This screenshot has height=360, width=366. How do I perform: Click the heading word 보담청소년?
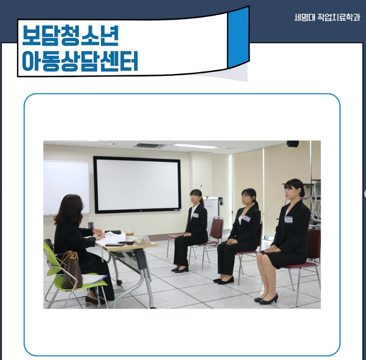click(x=71, y=35)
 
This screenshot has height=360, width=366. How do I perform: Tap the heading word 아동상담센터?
click(x=80, y=61)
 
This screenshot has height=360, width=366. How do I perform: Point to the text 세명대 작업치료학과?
click(x=327, y=17)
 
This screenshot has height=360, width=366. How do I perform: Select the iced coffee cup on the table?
click(x=130, y=237)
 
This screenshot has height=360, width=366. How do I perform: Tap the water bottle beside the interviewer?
click(x=90, y=223)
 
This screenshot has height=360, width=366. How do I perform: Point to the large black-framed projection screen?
click(x=137, y=185)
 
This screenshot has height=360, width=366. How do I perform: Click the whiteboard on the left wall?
click(x=66, y=187)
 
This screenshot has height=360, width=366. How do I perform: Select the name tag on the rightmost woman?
click(x=288, y=219)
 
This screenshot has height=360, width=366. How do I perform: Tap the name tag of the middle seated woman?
click(x=246, y=219)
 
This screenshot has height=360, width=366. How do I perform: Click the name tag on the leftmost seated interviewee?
click(x=195, y=215)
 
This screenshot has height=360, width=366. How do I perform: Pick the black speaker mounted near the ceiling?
click(x=293, y=144)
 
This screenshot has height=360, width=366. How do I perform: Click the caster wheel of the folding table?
click(x=119, y=282)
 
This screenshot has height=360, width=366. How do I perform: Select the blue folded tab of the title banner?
click(x=238, y=37)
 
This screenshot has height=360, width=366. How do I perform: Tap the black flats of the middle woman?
click(x=224, y=280)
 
